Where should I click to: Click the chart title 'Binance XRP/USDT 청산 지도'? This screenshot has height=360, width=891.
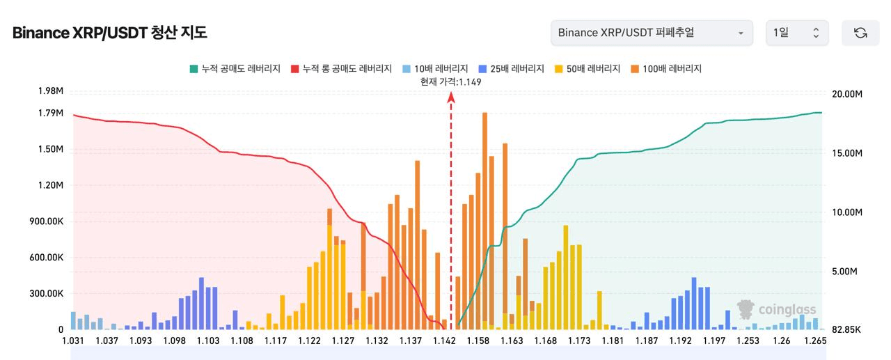110,33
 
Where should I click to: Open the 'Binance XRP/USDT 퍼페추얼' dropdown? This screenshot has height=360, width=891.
652,33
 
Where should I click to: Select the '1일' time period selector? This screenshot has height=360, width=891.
797,33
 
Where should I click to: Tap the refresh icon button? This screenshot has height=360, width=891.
860,33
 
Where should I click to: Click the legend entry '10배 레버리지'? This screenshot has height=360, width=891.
435,69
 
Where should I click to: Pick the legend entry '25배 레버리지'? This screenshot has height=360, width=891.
511,69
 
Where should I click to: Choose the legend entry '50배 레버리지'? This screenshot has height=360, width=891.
588,69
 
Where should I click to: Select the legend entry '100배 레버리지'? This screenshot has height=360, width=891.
666,69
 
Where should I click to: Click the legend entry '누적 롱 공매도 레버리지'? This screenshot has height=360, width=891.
341,69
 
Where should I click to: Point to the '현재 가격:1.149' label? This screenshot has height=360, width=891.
450,82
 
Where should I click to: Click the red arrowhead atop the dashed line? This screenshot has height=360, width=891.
451,97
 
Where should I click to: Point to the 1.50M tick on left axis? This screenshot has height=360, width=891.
51,149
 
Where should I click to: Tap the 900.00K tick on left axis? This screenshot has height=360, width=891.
46,221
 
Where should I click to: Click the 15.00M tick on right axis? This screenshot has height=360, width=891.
847,153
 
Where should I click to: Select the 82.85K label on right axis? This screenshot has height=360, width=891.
846,329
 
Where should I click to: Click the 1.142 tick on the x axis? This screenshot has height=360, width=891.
444,341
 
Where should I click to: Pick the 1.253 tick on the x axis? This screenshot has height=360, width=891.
748,341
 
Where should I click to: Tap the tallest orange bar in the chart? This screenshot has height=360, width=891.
485,221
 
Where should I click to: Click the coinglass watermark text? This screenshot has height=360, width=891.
787,309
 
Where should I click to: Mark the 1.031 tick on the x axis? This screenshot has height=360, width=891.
73,341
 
